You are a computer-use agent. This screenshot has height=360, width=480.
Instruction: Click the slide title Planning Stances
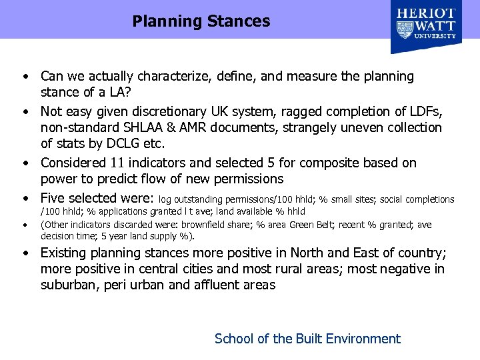201,21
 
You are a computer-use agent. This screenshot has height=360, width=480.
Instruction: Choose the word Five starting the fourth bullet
55,198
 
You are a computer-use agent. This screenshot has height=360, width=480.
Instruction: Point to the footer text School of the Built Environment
307,339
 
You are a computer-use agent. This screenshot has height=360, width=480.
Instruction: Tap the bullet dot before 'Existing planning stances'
24,254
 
